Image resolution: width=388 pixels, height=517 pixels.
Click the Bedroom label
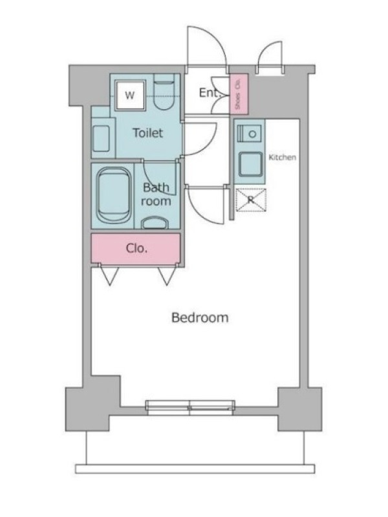point(200,317)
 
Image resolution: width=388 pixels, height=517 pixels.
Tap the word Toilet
point(148,133)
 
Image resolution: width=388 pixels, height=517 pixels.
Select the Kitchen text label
point(282,157)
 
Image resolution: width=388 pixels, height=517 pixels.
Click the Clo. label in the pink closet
point(136,248)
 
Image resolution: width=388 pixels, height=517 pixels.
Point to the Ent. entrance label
point(209,92)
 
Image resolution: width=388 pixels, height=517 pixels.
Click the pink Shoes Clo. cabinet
point(239,94)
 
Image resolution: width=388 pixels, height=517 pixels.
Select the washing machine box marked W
point(130,95)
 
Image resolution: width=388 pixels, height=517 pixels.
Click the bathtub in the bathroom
point(114,196)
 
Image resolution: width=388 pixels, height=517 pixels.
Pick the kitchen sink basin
point(251,164)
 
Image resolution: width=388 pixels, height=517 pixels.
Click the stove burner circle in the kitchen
point(253,134)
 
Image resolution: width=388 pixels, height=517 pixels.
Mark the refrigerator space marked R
point(251,200)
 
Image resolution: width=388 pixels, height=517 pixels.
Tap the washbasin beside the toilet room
point(101,139)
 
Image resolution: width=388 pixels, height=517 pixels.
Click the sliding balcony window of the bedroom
point(190,408)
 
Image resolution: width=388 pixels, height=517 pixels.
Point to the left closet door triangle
point(109,275)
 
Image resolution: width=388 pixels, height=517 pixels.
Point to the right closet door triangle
point(167,276)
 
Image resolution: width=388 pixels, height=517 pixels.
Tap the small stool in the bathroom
point(155,223)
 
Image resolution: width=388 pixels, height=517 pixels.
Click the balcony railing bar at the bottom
point(195,469)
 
